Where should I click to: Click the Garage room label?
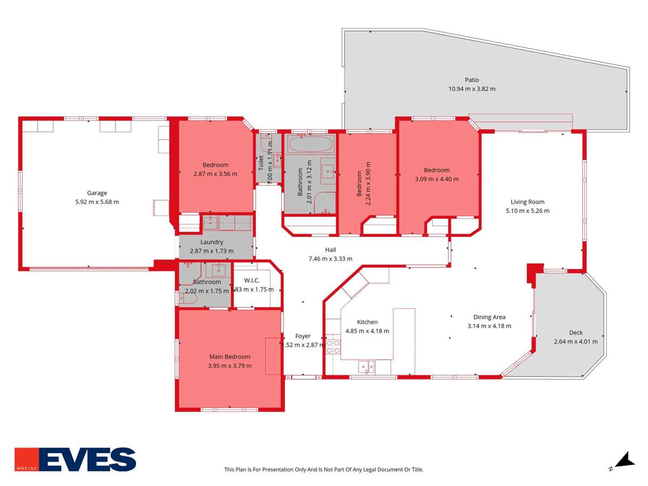pyautogui.click(x=97, y=193)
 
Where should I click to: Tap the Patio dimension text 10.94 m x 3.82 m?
pyautogui.click(x=471, y=89)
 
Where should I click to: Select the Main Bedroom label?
pyautogui.click(x=230, y=356)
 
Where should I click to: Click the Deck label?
pyautogui.click(x=576, y=333)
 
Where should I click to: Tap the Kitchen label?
pyautogui.click(x=367, y=322)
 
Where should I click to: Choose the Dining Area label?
pyautogui.click(x=489, y=317)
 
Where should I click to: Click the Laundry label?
pyautogui.click(x=212, y=242)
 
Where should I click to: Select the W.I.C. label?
pyautogui.click(x=252, y=280)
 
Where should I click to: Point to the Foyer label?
pyautogui.click(x=303, y=336)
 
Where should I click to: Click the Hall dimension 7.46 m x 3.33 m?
pyautogui.click(x=330, y=259)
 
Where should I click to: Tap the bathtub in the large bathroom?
pyautogui.click(x=309, y=144)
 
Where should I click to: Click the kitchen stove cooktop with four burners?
pyautogui.click(x=333, y=346)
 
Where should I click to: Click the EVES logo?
pyautogui.click(x=75, y=459)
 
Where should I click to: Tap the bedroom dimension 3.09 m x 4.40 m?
pyautogui.click(x=436, y=179)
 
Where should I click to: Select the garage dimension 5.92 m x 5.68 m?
pyautogui.click(x=97, y=202)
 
